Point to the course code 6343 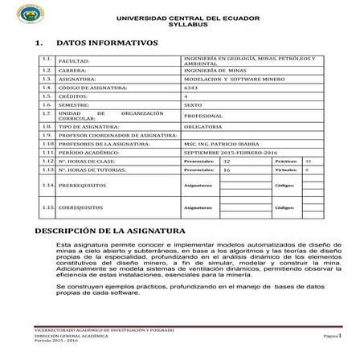click(x=190, y=88)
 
